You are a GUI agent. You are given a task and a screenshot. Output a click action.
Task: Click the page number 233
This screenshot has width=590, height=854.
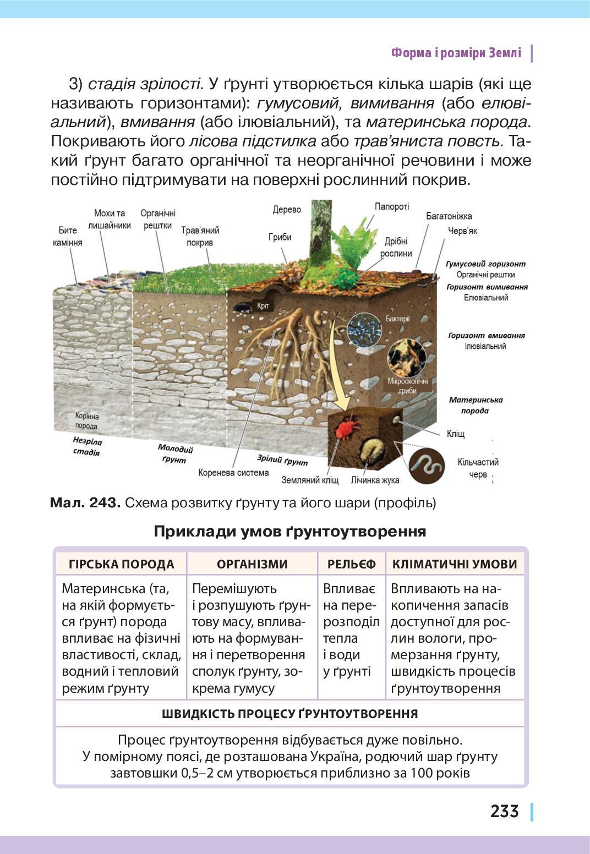504,811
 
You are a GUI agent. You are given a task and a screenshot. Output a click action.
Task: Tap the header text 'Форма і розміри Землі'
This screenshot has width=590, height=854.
456,53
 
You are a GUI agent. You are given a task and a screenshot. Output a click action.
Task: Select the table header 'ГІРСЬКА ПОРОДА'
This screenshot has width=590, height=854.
121,564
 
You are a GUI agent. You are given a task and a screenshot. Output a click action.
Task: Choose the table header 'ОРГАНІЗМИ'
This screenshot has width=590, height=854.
252,564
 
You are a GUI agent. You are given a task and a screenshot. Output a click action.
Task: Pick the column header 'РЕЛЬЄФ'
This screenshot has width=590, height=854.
352,564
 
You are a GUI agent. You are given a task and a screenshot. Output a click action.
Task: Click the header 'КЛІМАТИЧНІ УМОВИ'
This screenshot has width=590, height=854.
455,564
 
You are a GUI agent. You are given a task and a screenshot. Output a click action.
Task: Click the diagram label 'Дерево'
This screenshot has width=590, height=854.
287,210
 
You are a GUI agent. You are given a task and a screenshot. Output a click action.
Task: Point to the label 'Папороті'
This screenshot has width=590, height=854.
392,207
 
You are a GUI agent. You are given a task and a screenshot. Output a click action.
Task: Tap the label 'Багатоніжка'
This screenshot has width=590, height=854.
449,216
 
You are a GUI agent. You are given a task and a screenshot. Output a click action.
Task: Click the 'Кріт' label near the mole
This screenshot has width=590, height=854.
263,306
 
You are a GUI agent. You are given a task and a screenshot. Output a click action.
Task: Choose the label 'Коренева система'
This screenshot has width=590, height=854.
233,473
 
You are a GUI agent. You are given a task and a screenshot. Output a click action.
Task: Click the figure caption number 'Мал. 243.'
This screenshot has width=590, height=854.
85,503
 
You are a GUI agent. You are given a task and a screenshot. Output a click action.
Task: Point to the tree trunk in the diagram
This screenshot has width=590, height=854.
320,231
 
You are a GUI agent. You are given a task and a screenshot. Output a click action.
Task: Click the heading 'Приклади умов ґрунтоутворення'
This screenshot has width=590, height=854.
289,532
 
